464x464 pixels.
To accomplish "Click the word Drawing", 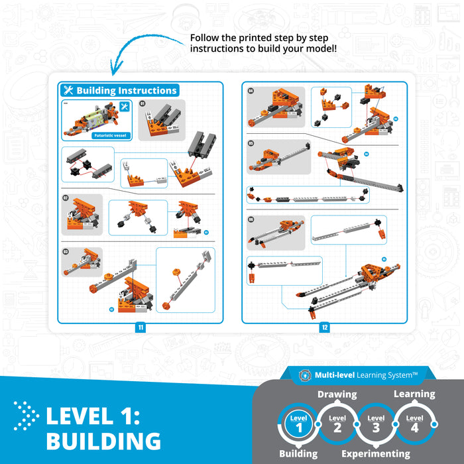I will (337, 394).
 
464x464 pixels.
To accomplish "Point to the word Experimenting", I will (376, 454).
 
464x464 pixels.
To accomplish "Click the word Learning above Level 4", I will (414, 394).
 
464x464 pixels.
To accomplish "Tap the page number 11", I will (141, 327).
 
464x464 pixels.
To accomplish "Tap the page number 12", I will (324, 327).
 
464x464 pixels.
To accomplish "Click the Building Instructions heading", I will (126, 91).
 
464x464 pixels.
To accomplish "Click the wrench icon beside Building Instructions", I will (68, 91).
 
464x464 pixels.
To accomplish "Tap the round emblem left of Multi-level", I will (306, 375).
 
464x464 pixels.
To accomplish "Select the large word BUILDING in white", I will (103, 441).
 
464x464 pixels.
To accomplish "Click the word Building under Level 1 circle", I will (298, 454).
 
